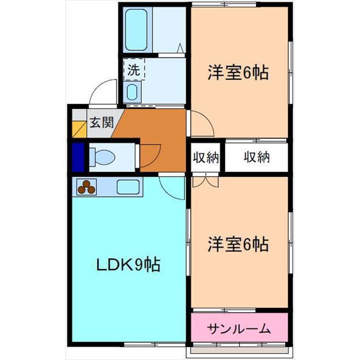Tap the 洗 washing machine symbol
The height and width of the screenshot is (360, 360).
134,70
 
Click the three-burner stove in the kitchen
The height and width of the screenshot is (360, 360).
87,186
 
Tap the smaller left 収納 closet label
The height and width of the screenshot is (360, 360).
205,157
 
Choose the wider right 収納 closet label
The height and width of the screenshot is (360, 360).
256,157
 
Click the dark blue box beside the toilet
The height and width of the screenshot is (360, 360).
78,156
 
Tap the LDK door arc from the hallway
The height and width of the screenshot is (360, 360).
171,187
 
